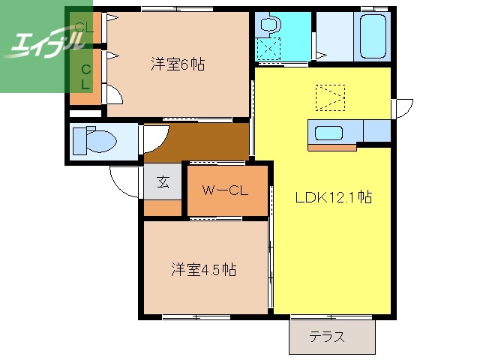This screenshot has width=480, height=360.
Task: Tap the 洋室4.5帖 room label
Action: [x=203, y=269]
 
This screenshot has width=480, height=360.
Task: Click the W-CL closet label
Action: [x=226, y=190]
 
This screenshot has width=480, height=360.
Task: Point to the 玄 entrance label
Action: [x=163, y=181]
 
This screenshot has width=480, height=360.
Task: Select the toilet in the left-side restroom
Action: [x=97, y=141]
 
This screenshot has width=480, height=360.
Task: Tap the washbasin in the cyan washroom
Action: [x=267, y=25]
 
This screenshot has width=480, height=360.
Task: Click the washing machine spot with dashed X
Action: [x=267, y=49]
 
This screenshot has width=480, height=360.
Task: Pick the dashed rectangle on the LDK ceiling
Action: [x=331, y=96]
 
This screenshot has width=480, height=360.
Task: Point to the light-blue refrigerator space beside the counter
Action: [x=376, y=130]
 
